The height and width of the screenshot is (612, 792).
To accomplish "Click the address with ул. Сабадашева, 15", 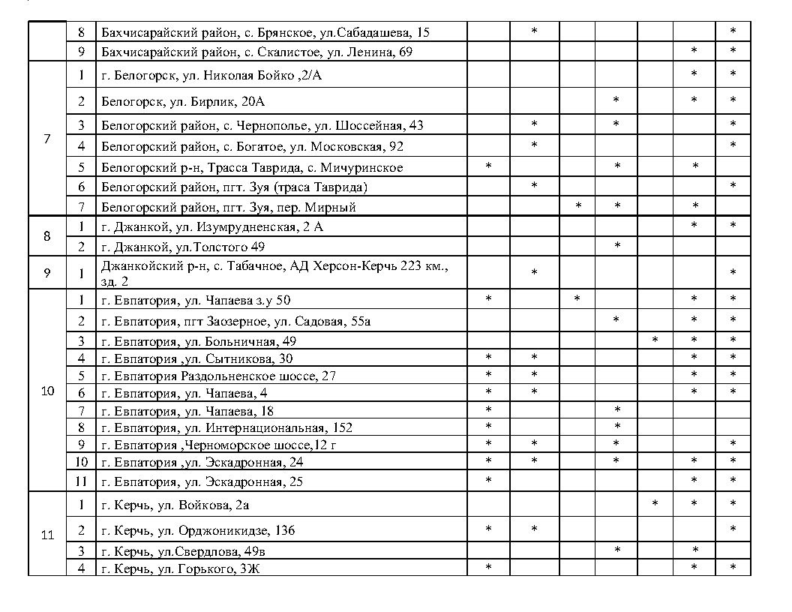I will click(265, 32).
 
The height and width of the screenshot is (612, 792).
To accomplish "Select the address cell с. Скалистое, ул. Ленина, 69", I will click(256, 52).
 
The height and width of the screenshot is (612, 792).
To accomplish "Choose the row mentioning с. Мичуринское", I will click(252, 167).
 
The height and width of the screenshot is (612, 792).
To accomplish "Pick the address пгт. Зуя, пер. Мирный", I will click(228, 207).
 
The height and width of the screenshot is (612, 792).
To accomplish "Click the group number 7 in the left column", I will click(47, 139).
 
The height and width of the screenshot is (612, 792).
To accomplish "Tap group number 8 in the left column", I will click(47, 236).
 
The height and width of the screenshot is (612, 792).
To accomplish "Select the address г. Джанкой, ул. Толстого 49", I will click(183, 247).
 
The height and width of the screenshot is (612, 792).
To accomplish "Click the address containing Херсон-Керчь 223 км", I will click(274, 273).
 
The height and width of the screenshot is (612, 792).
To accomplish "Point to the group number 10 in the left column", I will click(47, 391).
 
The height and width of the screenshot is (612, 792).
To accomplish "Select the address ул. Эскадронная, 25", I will click(202, 481).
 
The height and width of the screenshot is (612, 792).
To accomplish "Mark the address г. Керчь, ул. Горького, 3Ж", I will click(180, 568).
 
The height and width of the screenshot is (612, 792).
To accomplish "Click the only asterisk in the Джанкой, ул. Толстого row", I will click(616, 246).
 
